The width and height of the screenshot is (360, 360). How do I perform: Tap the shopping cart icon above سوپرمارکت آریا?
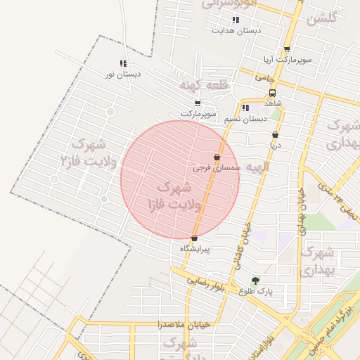click(286, 49)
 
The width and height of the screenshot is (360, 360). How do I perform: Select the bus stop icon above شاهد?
click(272, 92)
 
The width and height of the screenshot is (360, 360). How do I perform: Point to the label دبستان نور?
click(124, 74)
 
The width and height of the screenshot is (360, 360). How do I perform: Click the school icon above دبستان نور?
click(124, 64)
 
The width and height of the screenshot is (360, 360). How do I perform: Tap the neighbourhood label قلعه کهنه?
click(205, 85)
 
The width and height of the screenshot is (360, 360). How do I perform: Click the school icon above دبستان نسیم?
click(245, 108)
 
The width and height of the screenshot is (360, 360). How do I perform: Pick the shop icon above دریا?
click(275, 134)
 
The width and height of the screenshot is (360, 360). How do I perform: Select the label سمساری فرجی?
click(217, 169)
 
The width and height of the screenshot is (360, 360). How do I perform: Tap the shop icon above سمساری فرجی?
click(217, 157)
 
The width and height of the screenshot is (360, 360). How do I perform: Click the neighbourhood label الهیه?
click(257, 167)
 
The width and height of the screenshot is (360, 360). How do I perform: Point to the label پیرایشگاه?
click(195, 249)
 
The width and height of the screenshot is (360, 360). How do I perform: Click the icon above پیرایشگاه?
click(194, 238)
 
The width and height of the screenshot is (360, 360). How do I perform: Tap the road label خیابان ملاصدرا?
click(180, 325)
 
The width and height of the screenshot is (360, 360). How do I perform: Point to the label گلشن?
click(323, 18)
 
